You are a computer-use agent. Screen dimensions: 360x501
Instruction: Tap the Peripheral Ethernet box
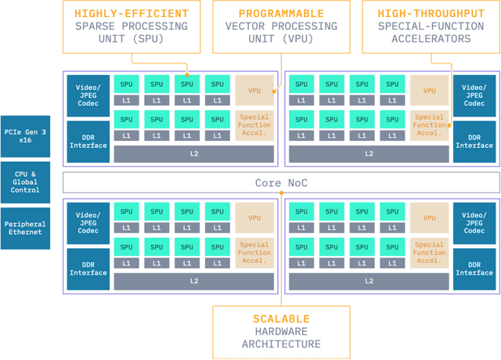[24, 229]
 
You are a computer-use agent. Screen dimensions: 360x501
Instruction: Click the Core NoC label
[280, 183]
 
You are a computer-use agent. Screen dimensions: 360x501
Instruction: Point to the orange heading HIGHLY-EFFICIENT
[132, 13]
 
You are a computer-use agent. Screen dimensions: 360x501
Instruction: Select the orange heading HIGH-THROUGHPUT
[431, 13]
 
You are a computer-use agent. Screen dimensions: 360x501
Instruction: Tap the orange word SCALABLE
[281, 319]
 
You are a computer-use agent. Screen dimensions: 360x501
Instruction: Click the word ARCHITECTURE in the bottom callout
[281, 344]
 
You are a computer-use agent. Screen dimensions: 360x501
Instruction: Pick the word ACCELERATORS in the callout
[431, 38]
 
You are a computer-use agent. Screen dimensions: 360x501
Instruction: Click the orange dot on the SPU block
[187, 76]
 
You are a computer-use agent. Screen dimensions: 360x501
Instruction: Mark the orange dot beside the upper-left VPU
[275, 91]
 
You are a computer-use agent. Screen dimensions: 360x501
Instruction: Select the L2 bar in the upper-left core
[194, 154]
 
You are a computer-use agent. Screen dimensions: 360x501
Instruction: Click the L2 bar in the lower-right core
[369, 280]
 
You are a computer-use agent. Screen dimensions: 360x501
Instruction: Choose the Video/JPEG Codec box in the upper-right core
[474, 95]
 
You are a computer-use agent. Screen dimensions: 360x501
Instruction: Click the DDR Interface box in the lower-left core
[88, 268]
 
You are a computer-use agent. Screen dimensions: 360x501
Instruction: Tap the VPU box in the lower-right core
[430, 218]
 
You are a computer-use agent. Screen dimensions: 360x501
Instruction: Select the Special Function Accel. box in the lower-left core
[254, 252]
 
